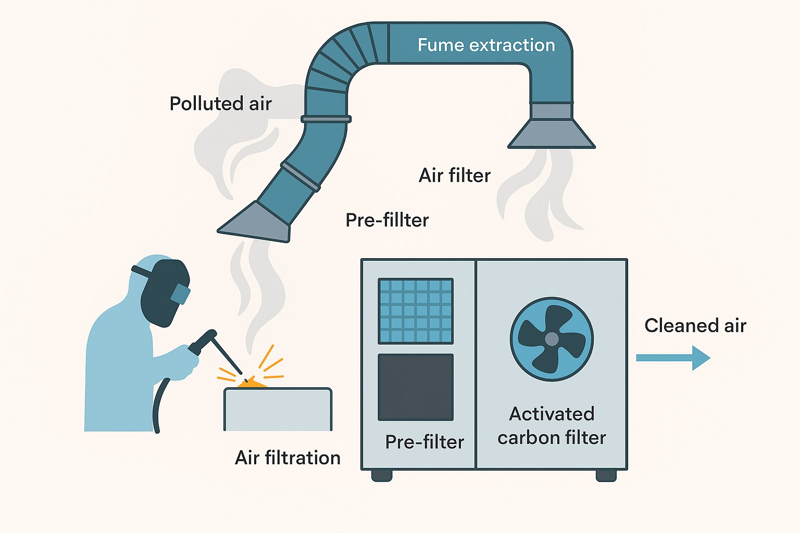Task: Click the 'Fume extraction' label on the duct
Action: pyautogui.click(x=486, y=45)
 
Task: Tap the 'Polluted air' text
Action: pyautogui.click(x=220, y=104)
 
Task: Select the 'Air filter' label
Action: pyautogui.click(x=454, y=175)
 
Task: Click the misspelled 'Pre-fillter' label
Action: pyautogui.click(x=387, y=220)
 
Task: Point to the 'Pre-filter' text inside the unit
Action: pyautogui.click(x=424, y=442)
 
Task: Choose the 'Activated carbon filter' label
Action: pyautogui.click(x=552, y=426)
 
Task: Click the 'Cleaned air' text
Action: pyautogui.click(x=695, y=326)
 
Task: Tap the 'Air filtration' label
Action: pyautogui.click(x=287, y=458)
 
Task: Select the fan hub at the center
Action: pyautogui.click(x=552, y=339)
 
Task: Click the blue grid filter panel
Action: pyautogui.click(x=416, y=311)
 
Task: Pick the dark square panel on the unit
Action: pyautogui.click(x=416, y=387)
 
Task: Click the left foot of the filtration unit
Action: pyautogui.click(x=382, y=475)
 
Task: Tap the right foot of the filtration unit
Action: pyautogui.click(x=606, y=475)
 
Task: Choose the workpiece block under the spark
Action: pyautogui.click(x=278, y=409)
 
